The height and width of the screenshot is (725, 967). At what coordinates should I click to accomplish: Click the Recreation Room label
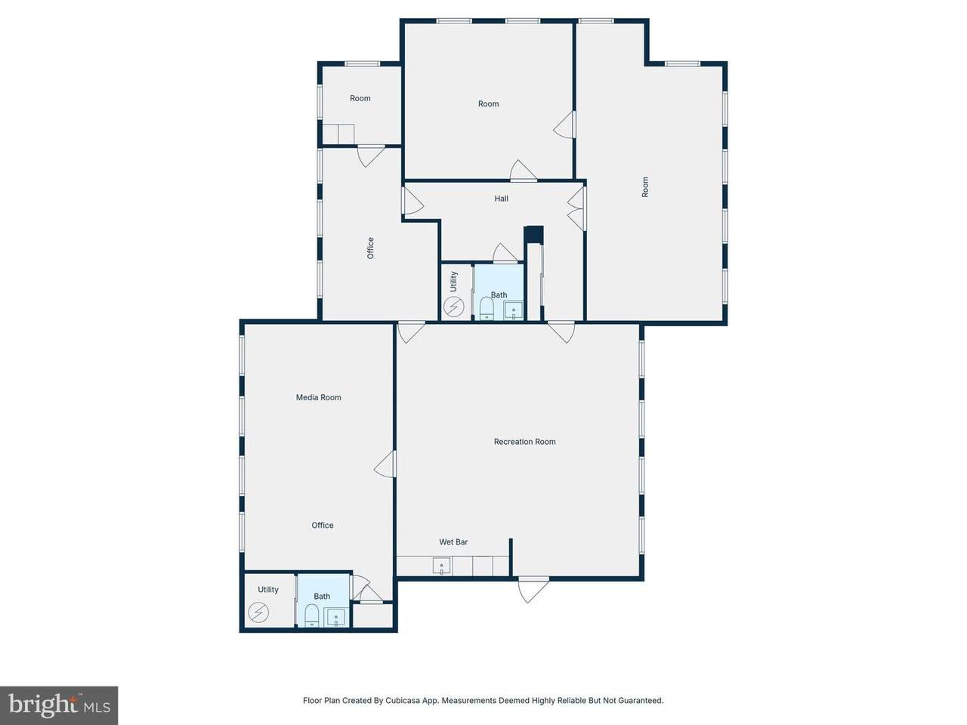pyautogui.click(x=524, y=442)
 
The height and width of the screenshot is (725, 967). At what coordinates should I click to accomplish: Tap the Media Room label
pyautogui.click(x=318, y=397)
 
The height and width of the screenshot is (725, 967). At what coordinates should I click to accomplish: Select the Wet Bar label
pyautogui.click(x=453, y=542)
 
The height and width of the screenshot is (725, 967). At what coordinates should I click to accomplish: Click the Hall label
pyautogui.click(x=501, y=199)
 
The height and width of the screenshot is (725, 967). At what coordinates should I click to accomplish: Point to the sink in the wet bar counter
pyautogui.click(x=441, y=566)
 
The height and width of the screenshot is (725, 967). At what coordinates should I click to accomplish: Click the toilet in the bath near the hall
pyautogui.click(x=487, y=307)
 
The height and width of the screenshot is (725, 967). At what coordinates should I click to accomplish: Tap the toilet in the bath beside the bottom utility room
pyautogui.click(x=311, y=615)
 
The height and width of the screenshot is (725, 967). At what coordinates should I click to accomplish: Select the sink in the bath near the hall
pyautogui.click(x=513, y=310)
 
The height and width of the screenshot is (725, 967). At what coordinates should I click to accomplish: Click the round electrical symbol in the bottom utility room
pyautogui.click(x=258, y=612)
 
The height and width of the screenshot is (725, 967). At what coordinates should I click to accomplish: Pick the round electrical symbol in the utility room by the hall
pyautogui.click(x=453, y=307)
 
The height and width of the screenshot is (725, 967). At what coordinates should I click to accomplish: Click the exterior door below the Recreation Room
pyautogui.click(x=533, y=589)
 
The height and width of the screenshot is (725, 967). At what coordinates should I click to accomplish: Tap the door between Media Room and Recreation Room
pyautogui.click(x=385, y=464)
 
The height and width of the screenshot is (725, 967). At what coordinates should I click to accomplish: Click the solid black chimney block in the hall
pyautogui.click(x=533, y=234)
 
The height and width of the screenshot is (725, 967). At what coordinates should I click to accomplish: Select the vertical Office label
pyautogui.click(x=370, y=248)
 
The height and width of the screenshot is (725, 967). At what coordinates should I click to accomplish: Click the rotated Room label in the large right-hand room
pyautogui.click(x=645, y=187)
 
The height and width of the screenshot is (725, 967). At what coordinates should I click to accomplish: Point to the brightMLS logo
pyautogui.click(x=59, y=705)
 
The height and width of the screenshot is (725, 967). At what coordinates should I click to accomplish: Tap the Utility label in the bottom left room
pyautogui.click(x=268, y=589)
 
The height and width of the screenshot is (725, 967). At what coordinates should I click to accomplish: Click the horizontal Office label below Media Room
pyautogui.click(x=322, y=525)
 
